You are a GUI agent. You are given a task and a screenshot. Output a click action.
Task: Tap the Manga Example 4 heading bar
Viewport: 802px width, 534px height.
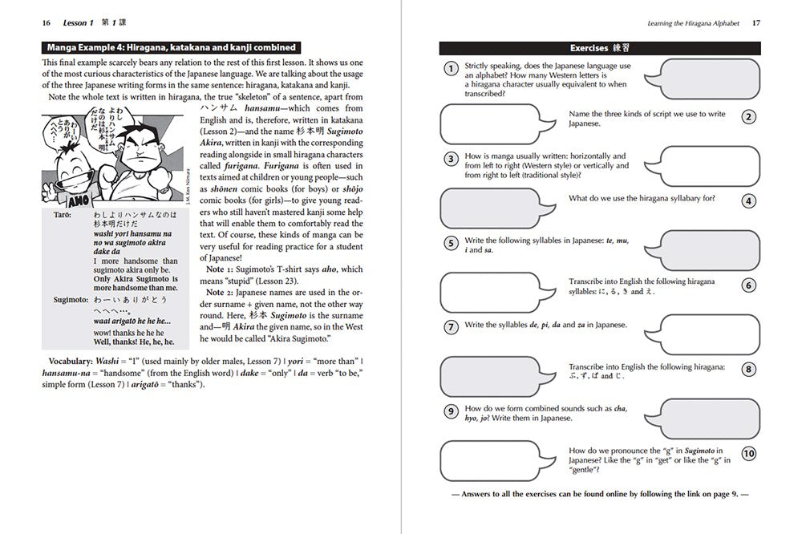170,47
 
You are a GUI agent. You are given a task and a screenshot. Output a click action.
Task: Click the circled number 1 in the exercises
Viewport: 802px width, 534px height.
451,69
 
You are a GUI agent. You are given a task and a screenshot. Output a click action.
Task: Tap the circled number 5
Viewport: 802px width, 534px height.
451,242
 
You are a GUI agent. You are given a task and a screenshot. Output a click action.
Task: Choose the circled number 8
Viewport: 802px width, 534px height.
748,369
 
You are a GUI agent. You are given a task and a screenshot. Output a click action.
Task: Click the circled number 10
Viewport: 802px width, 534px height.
748,454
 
